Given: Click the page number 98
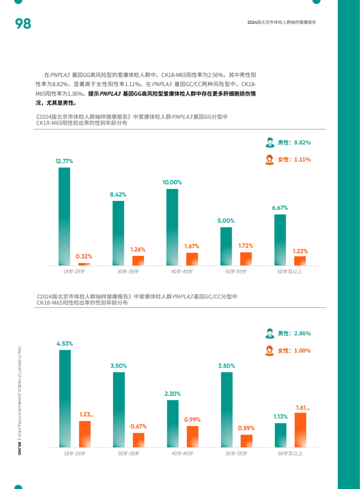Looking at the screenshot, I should [x=23, y=23].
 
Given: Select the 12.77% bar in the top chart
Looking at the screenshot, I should [x=65, y=216].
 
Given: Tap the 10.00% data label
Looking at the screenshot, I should [x=172, y=182].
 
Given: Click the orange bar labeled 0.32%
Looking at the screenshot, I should [x=84, y=264].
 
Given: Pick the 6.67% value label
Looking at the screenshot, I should [x=280, y=208].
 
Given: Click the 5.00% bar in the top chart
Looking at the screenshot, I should [x=226, y=246].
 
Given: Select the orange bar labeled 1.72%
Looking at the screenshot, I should [x=246, y=259].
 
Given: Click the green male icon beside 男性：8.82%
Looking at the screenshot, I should [x=270, y=143].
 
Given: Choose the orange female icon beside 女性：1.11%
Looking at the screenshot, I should [x=270, y=159].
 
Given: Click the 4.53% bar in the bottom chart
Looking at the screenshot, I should [x=65, y=398].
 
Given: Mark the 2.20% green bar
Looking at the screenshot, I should [x=173, y=423].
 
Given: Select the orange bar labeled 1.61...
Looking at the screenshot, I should [x=300, y=430].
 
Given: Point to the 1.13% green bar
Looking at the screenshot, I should [x=281, y=435].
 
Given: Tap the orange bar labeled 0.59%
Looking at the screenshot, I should [x=246, y=441].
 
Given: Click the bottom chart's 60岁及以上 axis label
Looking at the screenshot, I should [x=290, y=453].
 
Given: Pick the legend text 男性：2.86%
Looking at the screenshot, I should [x=294, y=334].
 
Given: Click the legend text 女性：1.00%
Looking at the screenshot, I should [x=294, y=351].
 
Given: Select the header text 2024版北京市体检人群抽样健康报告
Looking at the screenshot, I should [x=282, y=23].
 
